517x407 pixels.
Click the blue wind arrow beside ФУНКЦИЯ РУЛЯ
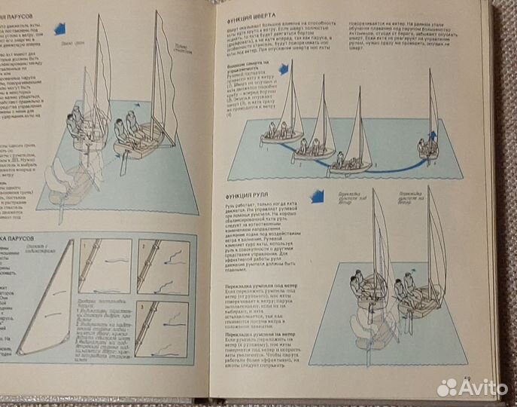coord(317,197)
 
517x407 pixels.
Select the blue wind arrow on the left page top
coord(60,28)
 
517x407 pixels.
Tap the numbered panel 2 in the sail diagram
coord(163,268)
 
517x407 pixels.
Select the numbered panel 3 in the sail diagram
coord(163,327)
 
